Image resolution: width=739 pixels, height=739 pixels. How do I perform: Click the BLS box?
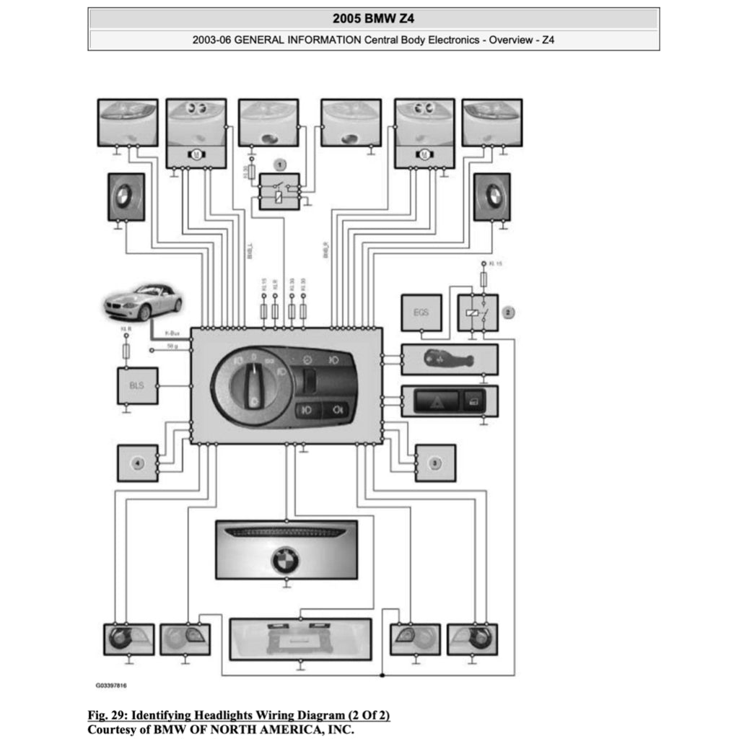coord(137,385)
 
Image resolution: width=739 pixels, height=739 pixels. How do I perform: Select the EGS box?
coord(421,313)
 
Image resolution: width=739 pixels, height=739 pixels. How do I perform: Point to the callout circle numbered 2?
coord(509,312)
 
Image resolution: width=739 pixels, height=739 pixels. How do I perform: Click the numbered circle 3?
coord(434,463)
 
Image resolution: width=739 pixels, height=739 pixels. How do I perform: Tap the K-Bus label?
coord(172,333)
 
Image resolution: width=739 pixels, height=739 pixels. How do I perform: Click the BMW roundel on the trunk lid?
coord(285,559)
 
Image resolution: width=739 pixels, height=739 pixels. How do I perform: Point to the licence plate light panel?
coord(299,639)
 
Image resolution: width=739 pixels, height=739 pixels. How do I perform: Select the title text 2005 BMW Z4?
coord(373,18)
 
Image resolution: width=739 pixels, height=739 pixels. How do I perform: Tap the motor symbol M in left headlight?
coord(195,154)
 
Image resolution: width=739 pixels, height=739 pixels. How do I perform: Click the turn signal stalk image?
coord(449,359)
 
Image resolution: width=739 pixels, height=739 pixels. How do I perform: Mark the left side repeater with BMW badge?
coord(126,196)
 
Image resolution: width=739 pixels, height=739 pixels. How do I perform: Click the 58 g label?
coord(172,347)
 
